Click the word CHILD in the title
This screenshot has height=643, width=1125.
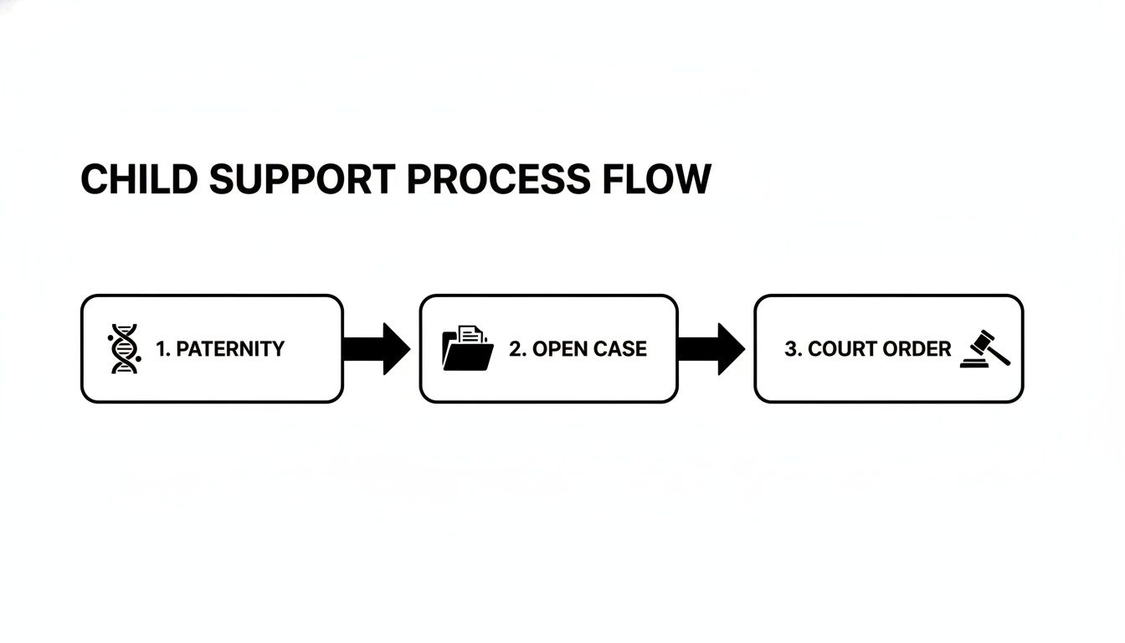pos(139,180)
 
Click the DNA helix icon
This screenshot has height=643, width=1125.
pos(124,349)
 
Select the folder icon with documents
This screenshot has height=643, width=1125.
pos(467,348)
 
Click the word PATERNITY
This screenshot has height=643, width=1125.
pos(230,349)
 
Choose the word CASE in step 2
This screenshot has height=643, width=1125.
pos(620,349)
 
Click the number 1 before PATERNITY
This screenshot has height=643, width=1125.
pos(162,349)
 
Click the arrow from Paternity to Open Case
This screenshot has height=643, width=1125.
pos(378,348)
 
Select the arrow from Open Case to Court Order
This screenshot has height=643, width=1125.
pos(712,348)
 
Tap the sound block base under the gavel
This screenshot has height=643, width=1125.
pos(975,363)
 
